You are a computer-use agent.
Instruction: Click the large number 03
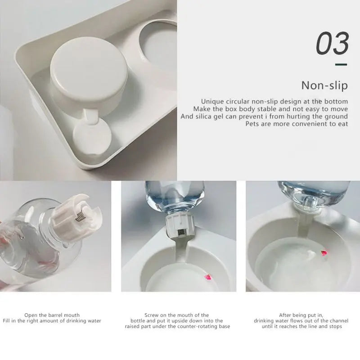tap(333, 43)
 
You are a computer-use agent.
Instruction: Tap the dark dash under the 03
tap(341, 65)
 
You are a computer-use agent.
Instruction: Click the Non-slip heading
tap(324, 85)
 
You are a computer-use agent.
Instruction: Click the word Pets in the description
tap(252, 124)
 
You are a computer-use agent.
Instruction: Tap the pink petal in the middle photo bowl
tap(208, 277)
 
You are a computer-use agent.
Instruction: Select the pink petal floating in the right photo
tap(324, 253)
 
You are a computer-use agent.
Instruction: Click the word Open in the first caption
tap(31, 315)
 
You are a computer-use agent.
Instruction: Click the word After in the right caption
tap(285, 315)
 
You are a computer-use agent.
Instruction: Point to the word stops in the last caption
tap(335, 326)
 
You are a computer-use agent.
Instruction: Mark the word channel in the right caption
tap(339, 320)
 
